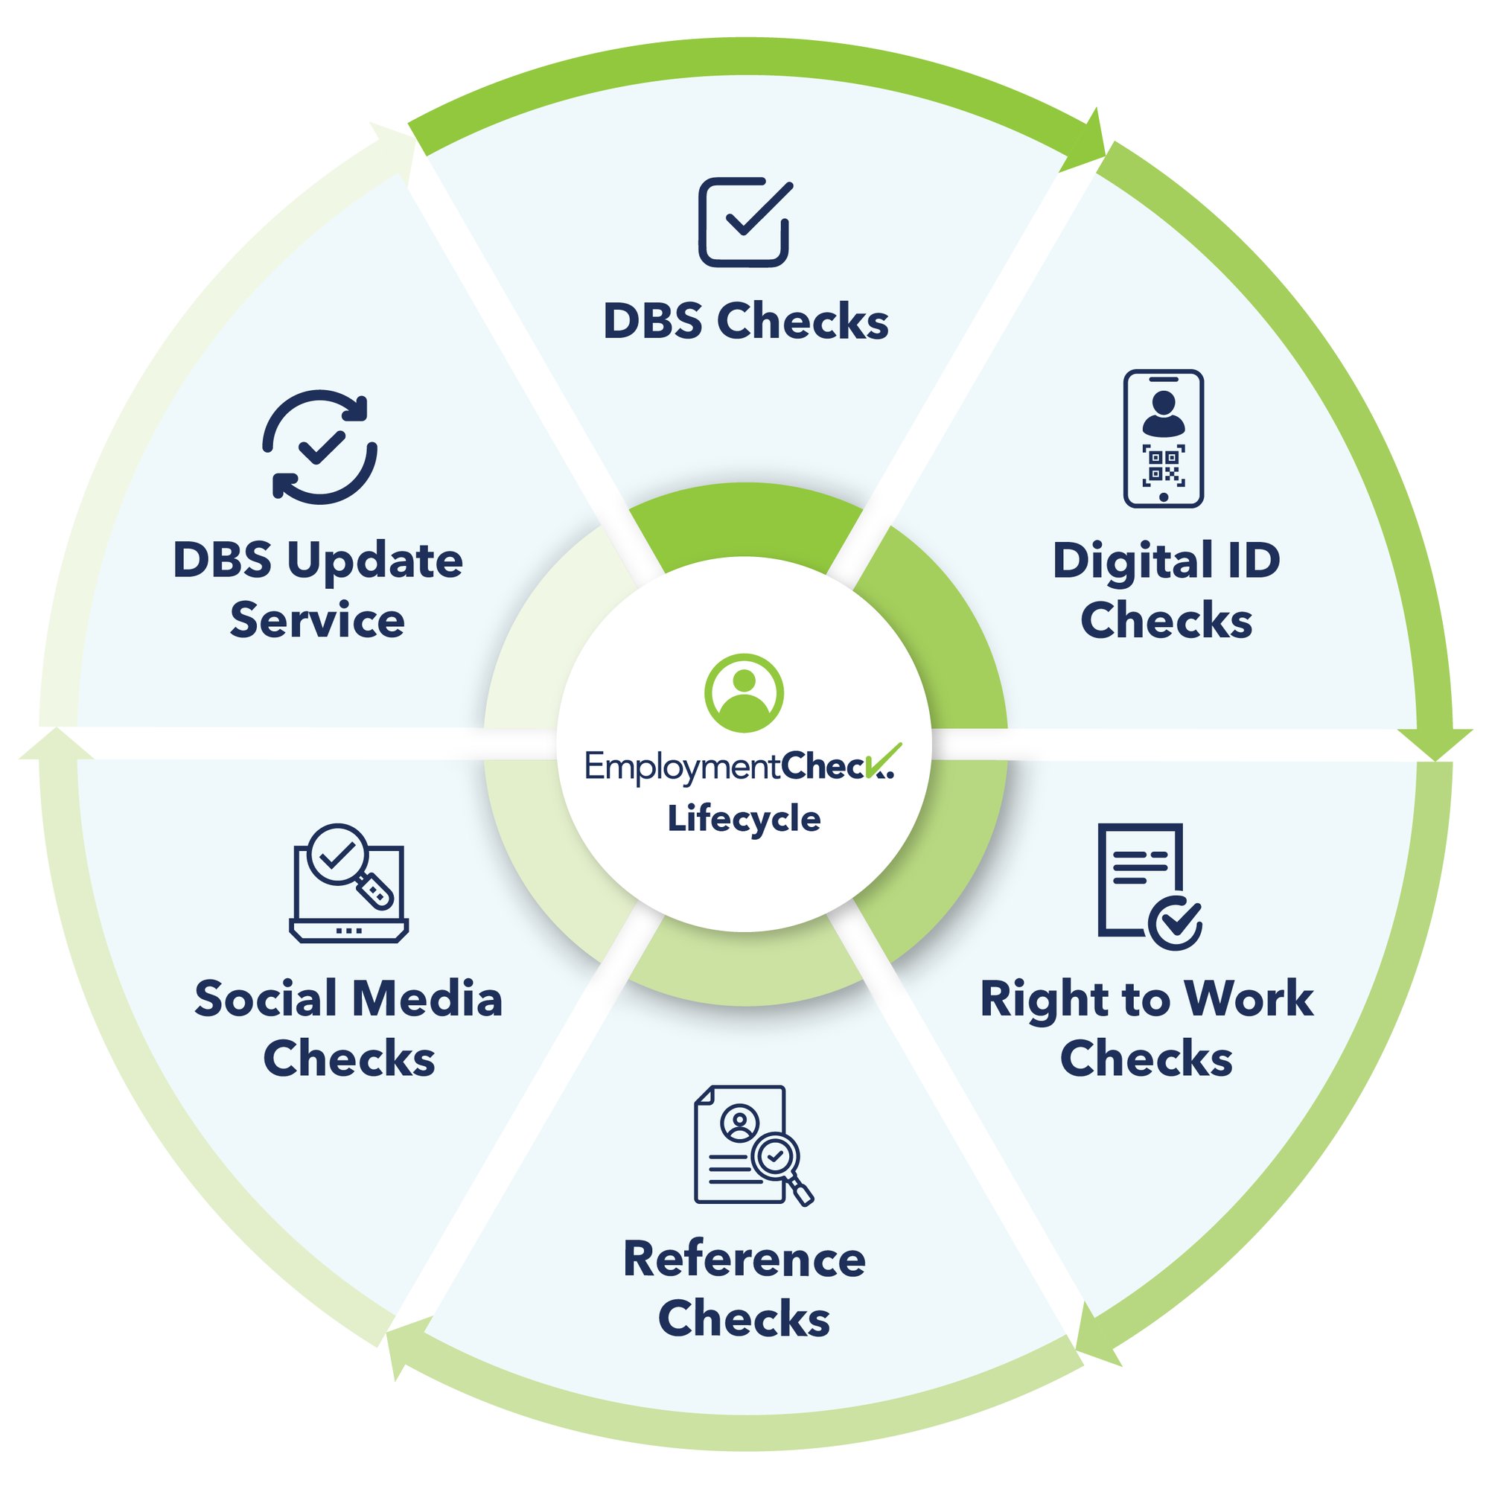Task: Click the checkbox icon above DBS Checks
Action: [x=744, y=223]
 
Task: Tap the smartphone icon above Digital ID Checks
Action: [x=1163, y=439]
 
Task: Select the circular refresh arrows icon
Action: [x=320, y=447]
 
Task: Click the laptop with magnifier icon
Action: [x=349, y=883]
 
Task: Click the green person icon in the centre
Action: [x=744, y=693]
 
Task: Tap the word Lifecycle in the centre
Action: [x=744, y=818]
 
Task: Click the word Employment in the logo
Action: [x=682, y=768]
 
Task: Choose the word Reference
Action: [x=744, y=1260]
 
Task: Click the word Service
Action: [x=318, y=620]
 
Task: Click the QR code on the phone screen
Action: [x=1163, y=465]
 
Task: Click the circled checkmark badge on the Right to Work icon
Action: [x=1175, y=922]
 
